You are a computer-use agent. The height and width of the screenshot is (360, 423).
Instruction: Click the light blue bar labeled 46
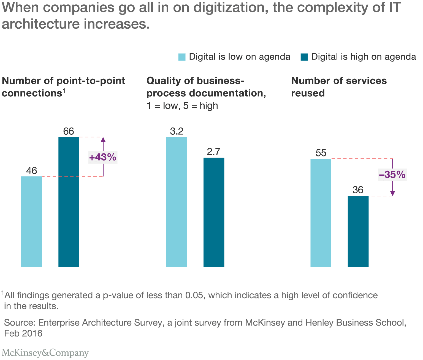pos(31,221)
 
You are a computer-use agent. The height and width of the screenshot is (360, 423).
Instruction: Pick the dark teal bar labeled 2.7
pos(214,212)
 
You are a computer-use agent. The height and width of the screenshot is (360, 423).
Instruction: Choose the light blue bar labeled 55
pos(321,212)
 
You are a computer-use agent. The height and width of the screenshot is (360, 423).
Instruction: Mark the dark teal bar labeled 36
pos(358,231)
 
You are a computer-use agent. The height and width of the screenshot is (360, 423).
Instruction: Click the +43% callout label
pos(103,157)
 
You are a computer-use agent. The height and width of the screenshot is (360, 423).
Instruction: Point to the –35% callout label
pos(392,175)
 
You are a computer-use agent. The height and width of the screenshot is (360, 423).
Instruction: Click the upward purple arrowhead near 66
pos(103,139)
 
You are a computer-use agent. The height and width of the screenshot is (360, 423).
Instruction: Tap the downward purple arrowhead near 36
pos(392,194)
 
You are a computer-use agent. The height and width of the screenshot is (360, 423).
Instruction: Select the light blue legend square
pos(182,57)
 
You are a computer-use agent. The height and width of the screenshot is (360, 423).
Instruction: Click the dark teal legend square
pos(304,57)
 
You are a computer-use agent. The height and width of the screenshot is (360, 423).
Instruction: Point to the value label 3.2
pos(177,131)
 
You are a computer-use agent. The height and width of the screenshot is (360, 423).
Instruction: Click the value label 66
pos(69,131)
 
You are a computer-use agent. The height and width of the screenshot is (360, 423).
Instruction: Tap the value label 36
pos(358,190)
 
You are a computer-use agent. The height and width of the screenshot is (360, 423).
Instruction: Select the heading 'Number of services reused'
pos(339,87)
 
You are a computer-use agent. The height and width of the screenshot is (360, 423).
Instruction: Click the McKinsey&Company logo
pos(45,353)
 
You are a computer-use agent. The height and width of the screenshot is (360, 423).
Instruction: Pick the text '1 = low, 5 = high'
pos(182,106)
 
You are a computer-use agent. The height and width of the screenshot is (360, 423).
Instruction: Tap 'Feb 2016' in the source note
pos(23,334)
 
